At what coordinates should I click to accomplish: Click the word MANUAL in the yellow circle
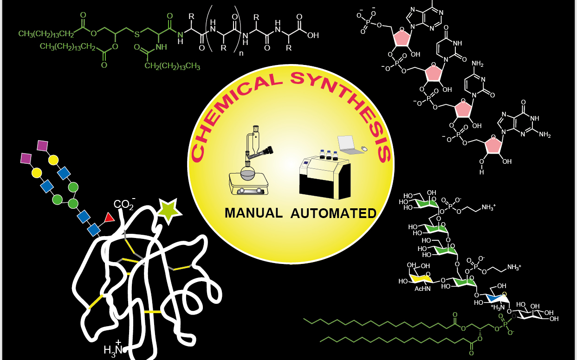tap(253, 213)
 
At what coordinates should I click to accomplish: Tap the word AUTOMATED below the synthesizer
tap(333, 213)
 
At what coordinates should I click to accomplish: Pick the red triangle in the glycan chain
tap(109, 217)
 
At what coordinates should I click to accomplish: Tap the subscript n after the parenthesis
tap(241, 53)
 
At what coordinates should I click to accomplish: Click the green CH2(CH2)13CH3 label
tap(172, 66)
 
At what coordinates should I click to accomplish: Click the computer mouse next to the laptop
tap(364, 148)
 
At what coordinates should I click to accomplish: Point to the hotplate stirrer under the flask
tap(248, 186)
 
